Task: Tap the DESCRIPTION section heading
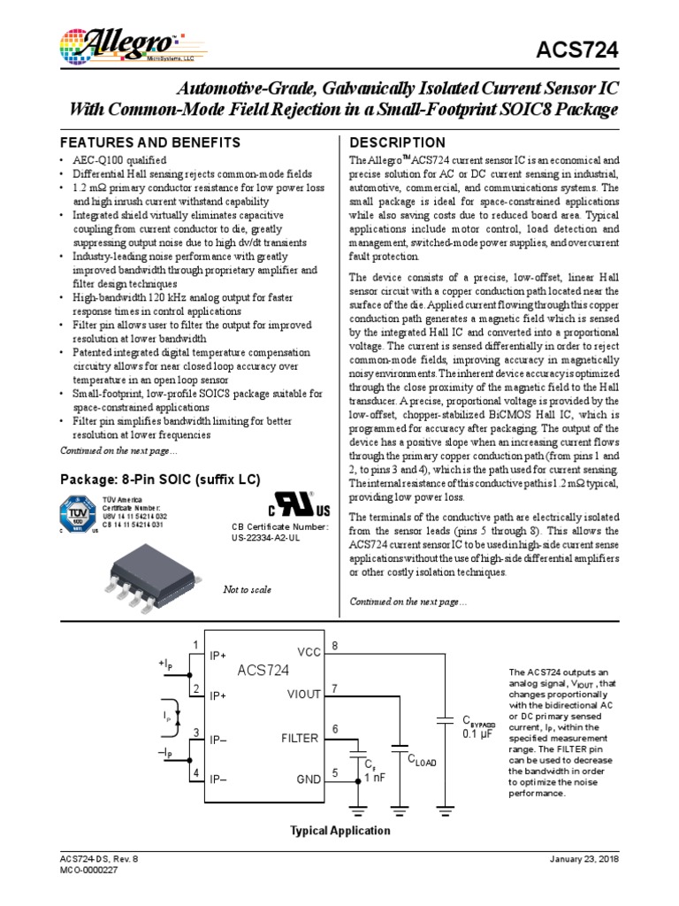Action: coord(398,142)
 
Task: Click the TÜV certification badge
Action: coord(77,516)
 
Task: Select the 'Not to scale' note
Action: coord(248,590)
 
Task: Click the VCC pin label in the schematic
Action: coord(309,652)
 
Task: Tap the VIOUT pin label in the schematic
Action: coord(303,695)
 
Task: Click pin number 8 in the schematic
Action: coord(334,646)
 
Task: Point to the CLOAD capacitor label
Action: coord(422,760)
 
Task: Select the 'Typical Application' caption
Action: coord(340,831)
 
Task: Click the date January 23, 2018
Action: coord(584,859)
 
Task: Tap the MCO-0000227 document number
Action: coord(88,871)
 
